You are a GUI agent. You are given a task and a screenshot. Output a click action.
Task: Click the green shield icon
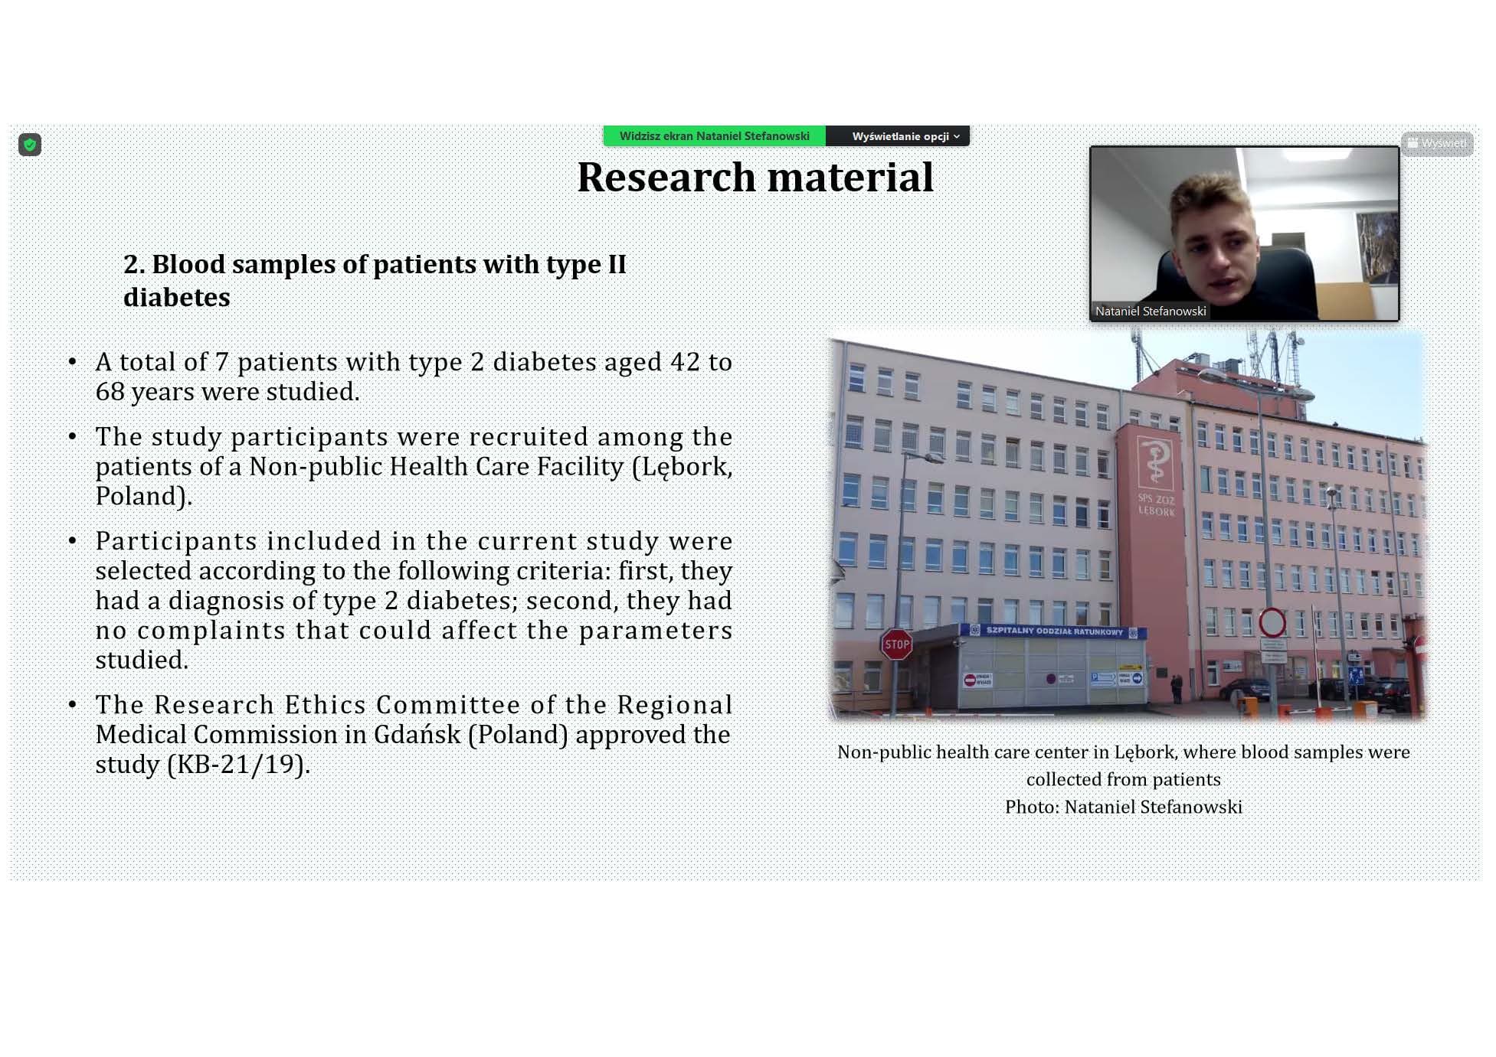click(x=30, y=145)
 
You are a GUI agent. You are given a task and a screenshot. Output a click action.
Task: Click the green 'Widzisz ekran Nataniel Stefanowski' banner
click(x=714, y=136)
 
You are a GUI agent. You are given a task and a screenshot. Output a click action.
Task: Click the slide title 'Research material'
click(x=755, y=177)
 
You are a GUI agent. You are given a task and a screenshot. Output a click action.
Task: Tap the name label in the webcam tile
click(x=1151, y=311)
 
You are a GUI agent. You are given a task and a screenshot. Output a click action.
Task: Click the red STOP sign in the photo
click(x=896, y=644)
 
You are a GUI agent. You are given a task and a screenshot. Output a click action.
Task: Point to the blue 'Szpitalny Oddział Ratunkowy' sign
click(x=1054, y=631)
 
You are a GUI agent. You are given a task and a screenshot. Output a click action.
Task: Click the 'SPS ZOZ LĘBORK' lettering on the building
click(x=1155, y=504)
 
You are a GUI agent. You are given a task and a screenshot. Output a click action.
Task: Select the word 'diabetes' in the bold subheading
click(x=177, y=297)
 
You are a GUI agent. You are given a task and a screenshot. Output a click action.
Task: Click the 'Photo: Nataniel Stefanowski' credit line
click(x=1124, y=807)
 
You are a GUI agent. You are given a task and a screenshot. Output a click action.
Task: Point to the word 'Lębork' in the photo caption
click(x=1144, y=752)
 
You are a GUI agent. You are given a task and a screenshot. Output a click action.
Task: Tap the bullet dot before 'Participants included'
click(x=73, y=541)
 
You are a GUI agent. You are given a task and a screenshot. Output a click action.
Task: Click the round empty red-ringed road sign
click(x=1272, y=622)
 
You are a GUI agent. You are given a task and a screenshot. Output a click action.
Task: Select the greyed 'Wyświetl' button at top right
click(x=1437, y=143)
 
